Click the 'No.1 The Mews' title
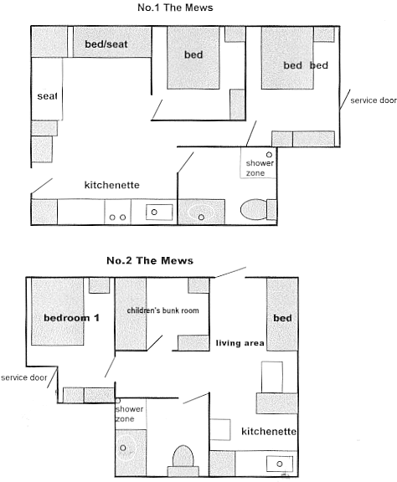175,8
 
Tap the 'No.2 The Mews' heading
150,261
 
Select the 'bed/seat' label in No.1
106,44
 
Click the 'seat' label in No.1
47,96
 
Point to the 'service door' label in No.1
374,100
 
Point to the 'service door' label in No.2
24,377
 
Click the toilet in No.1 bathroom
258,210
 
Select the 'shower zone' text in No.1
260,168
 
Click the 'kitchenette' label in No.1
112,185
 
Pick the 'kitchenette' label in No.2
269,432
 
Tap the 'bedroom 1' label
71,318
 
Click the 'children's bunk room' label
162,310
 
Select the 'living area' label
240,343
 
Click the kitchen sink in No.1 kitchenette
159,212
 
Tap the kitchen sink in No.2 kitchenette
280,464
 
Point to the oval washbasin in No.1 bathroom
201,213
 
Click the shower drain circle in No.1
269,155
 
